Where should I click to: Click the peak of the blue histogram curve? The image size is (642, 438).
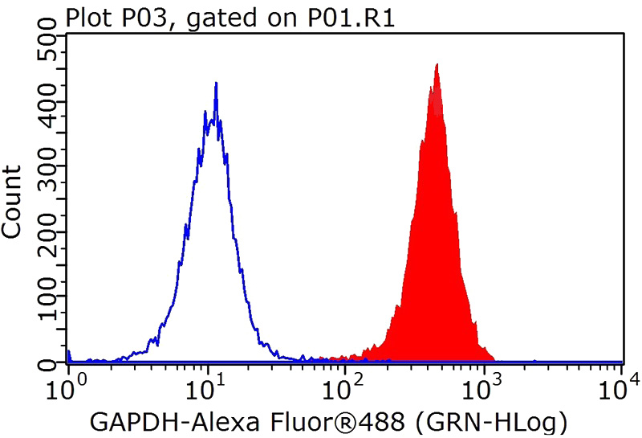click(x=216, y=83)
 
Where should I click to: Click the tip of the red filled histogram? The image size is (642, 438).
click(x=436, y=64)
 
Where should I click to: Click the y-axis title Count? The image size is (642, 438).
click(x=13, y=201)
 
